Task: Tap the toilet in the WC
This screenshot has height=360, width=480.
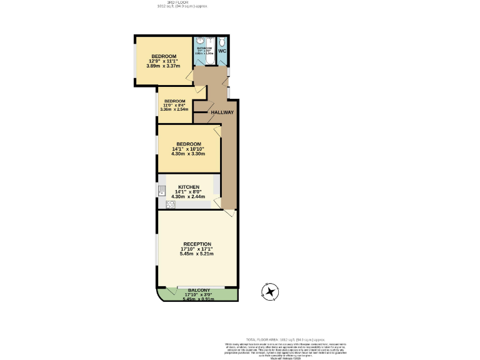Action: pyautogui.click(x=222, y=42)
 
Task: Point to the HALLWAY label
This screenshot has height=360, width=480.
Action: pyautogui.click(x=222, y=112)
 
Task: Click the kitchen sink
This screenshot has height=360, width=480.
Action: pyautogui.click(x=161, y=191)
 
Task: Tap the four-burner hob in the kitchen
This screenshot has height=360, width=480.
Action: pyautogui.click(x=170, y=204)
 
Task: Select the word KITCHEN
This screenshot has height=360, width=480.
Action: pyautogui.click(x=189, y=187)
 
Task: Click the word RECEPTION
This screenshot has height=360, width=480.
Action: pyautogui.click(x=197, y=244)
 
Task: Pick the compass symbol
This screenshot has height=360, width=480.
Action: pyautogui.click(x=271, y=291)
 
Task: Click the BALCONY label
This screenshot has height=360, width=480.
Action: pyautogui.click(x=198, y=290)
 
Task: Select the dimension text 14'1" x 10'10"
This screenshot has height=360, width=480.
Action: pyautogui.click(x=188, y=149)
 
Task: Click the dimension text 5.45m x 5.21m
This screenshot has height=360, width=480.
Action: pyautogui.click(x=197, y=254)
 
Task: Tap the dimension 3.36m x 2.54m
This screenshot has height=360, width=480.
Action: pyautogui.click(x=174, y=109)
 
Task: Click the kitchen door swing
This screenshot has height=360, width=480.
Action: pyautogui.click(x=217, y=203)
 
